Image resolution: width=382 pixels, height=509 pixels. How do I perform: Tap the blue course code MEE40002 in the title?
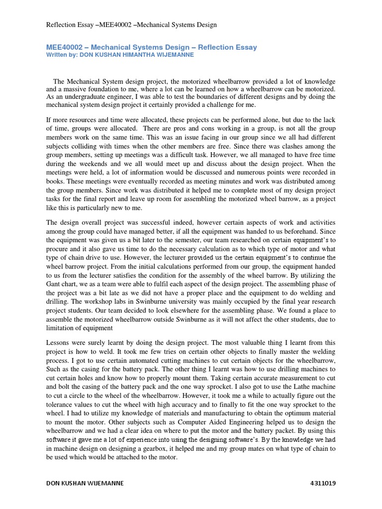click(x=64, y=47)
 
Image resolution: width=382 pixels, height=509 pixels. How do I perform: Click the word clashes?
click(x=251, y=146)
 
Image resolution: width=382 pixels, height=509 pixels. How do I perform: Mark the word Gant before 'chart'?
click(x=56, y=284)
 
